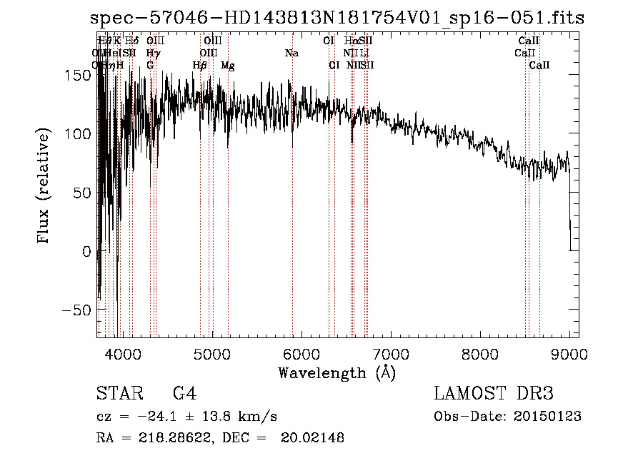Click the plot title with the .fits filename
pos(338,19)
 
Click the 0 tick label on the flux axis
pos(86,252)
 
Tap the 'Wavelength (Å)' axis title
pos(337,372)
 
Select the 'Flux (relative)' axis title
pos(44,188)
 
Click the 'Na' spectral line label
pos(291,54)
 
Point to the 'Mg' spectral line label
pos(228,66)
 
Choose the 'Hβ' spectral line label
pos(200,66)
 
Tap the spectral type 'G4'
pos(184,394)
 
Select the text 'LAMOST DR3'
pos(494,394)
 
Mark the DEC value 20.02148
pos(311,438)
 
